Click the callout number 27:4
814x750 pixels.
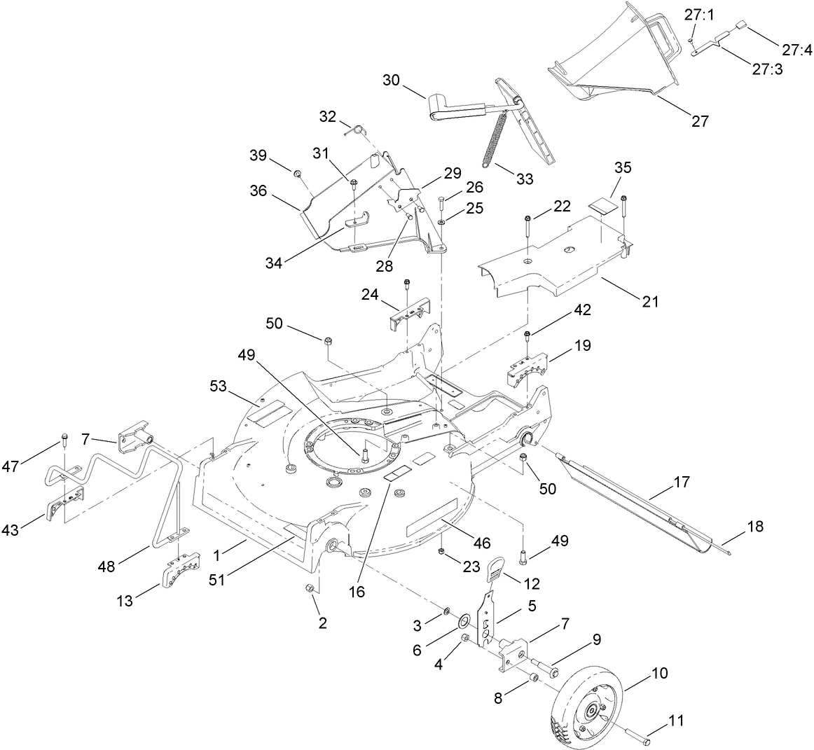[x=797, y=50]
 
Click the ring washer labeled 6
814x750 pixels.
[x=464, y=622]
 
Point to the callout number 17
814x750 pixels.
[x=682, y=482]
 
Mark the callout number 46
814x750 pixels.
[x=481, y=542]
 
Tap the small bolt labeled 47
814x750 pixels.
[x=63, y=440]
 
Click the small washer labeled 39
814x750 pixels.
[x=297, y=173]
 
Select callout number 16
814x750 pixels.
[x=357, y=592]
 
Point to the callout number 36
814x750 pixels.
[x=258, y=190]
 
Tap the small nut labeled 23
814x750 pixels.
[x=442, y=553]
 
